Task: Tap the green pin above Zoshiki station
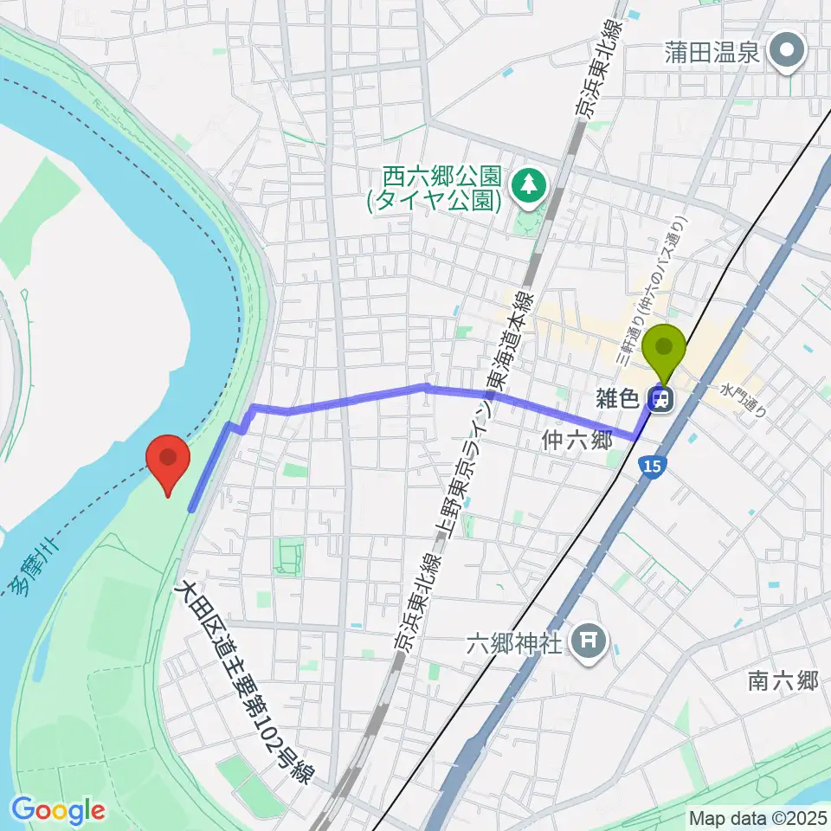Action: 665,350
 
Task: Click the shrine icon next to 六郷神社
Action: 589,641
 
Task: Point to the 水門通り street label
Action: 744,399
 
